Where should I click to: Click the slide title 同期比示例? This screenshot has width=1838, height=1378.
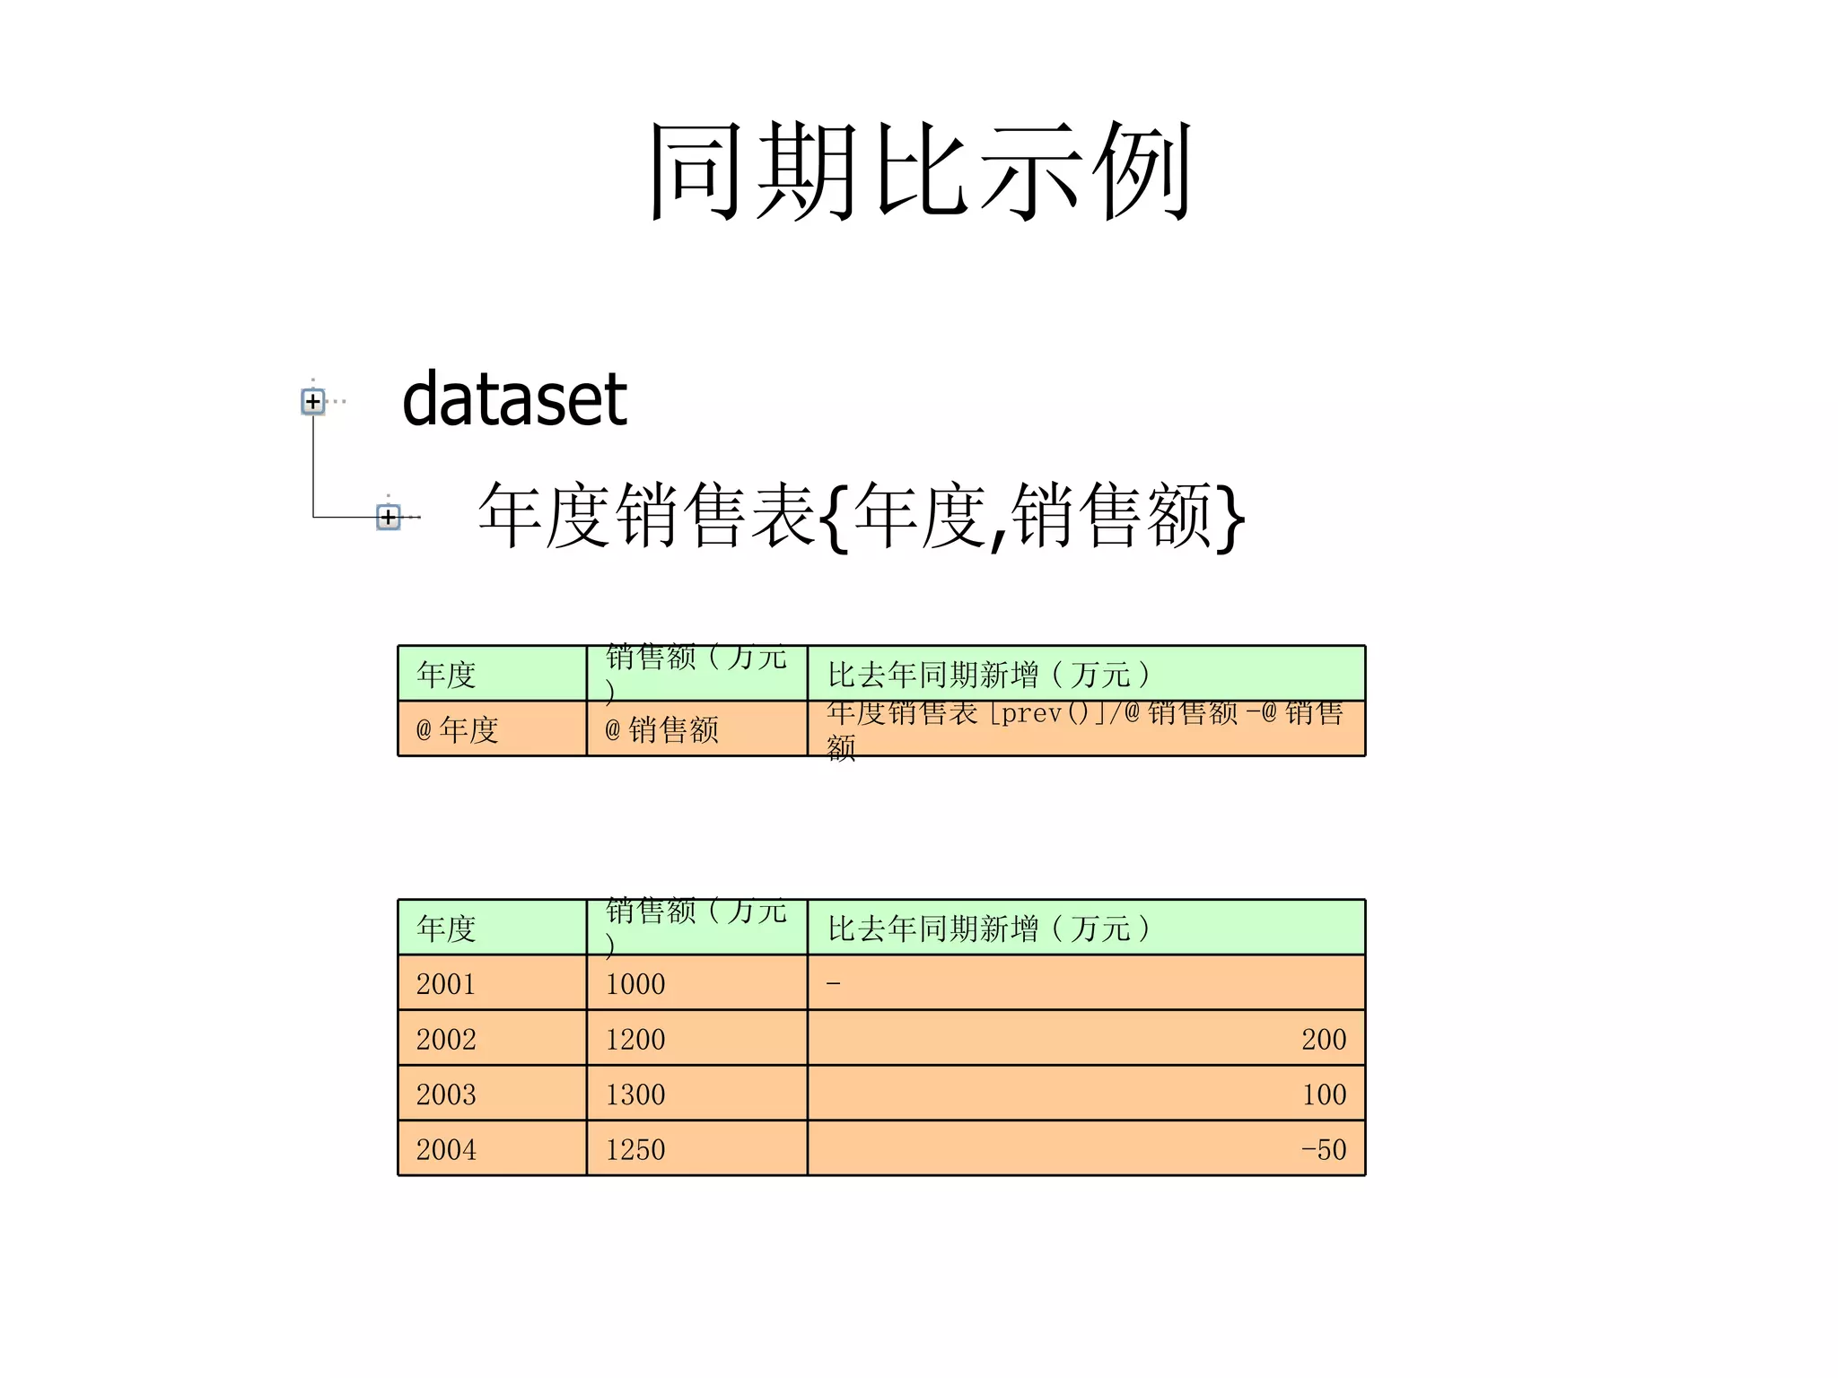point(920,170)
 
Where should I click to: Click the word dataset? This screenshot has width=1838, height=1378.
point(514,399)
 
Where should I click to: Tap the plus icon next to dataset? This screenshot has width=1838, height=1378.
point(312,401)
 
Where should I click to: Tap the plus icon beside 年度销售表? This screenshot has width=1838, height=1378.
point(388,517)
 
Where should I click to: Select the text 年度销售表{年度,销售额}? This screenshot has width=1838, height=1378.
point(861,515)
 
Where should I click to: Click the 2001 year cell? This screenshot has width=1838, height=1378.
point(446,984)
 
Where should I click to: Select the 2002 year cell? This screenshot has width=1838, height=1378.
point(446,1039)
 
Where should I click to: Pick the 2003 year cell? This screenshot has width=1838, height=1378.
point(446,1095)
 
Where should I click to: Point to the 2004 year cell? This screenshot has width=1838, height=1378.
point(446,1149)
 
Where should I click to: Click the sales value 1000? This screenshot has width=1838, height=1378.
point(635,984)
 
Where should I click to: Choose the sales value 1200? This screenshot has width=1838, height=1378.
point(635,1039)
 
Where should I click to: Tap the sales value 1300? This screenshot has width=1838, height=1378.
point(635,1095)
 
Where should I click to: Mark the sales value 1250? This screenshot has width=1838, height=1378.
point(635,1149)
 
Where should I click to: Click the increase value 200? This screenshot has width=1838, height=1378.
point(1324,1039)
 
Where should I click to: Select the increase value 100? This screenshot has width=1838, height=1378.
point(1324,1095)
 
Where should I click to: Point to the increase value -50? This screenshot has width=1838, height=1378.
point(1324,1149)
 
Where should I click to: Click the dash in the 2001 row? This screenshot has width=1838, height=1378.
point(834,984)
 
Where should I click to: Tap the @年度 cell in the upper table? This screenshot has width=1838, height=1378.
point(458,729)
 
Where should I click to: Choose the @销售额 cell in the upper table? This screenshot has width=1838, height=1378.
point(662,729)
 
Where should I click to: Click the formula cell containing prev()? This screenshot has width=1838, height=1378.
point(1084,728)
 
